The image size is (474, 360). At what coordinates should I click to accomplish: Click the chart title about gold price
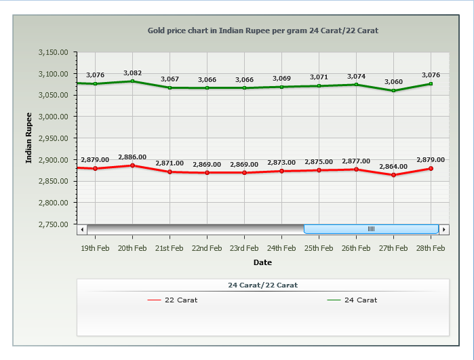[x=263, y=31]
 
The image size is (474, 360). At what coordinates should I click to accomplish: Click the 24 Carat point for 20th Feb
[x=132, y=81]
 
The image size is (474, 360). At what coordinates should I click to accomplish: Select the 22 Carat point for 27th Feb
[x=394, y=175]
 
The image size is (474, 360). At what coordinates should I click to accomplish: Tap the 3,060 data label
[x=393, y=82]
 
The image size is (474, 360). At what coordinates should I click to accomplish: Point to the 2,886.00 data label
[x=132, y=157]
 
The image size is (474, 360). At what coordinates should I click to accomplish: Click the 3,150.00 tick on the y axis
[x=55, y=52]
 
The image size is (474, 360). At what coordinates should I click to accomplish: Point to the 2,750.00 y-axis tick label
[x=55, y=224]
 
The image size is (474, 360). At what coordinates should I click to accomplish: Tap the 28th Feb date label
[x=431, y=248]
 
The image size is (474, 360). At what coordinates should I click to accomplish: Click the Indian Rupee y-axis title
[x=28, y=138]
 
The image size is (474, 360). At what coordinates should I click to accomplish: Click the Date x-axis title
[x=262, y=262]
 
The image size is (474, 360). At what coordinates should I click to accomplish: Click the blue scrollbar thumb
[x=371, y=229]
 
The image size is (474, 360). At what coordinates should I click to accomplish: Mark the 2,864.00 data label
[x=393, y=166]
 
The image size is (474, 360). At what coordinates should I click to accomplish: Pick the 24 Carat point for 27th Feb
[x=394, y=90]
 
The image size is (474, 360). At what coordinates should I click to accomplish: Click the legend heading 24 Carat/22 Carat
[x=262, y=285]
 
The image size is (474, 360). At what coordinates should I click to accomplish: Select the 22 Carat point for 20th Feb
[x=132, y=165]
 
